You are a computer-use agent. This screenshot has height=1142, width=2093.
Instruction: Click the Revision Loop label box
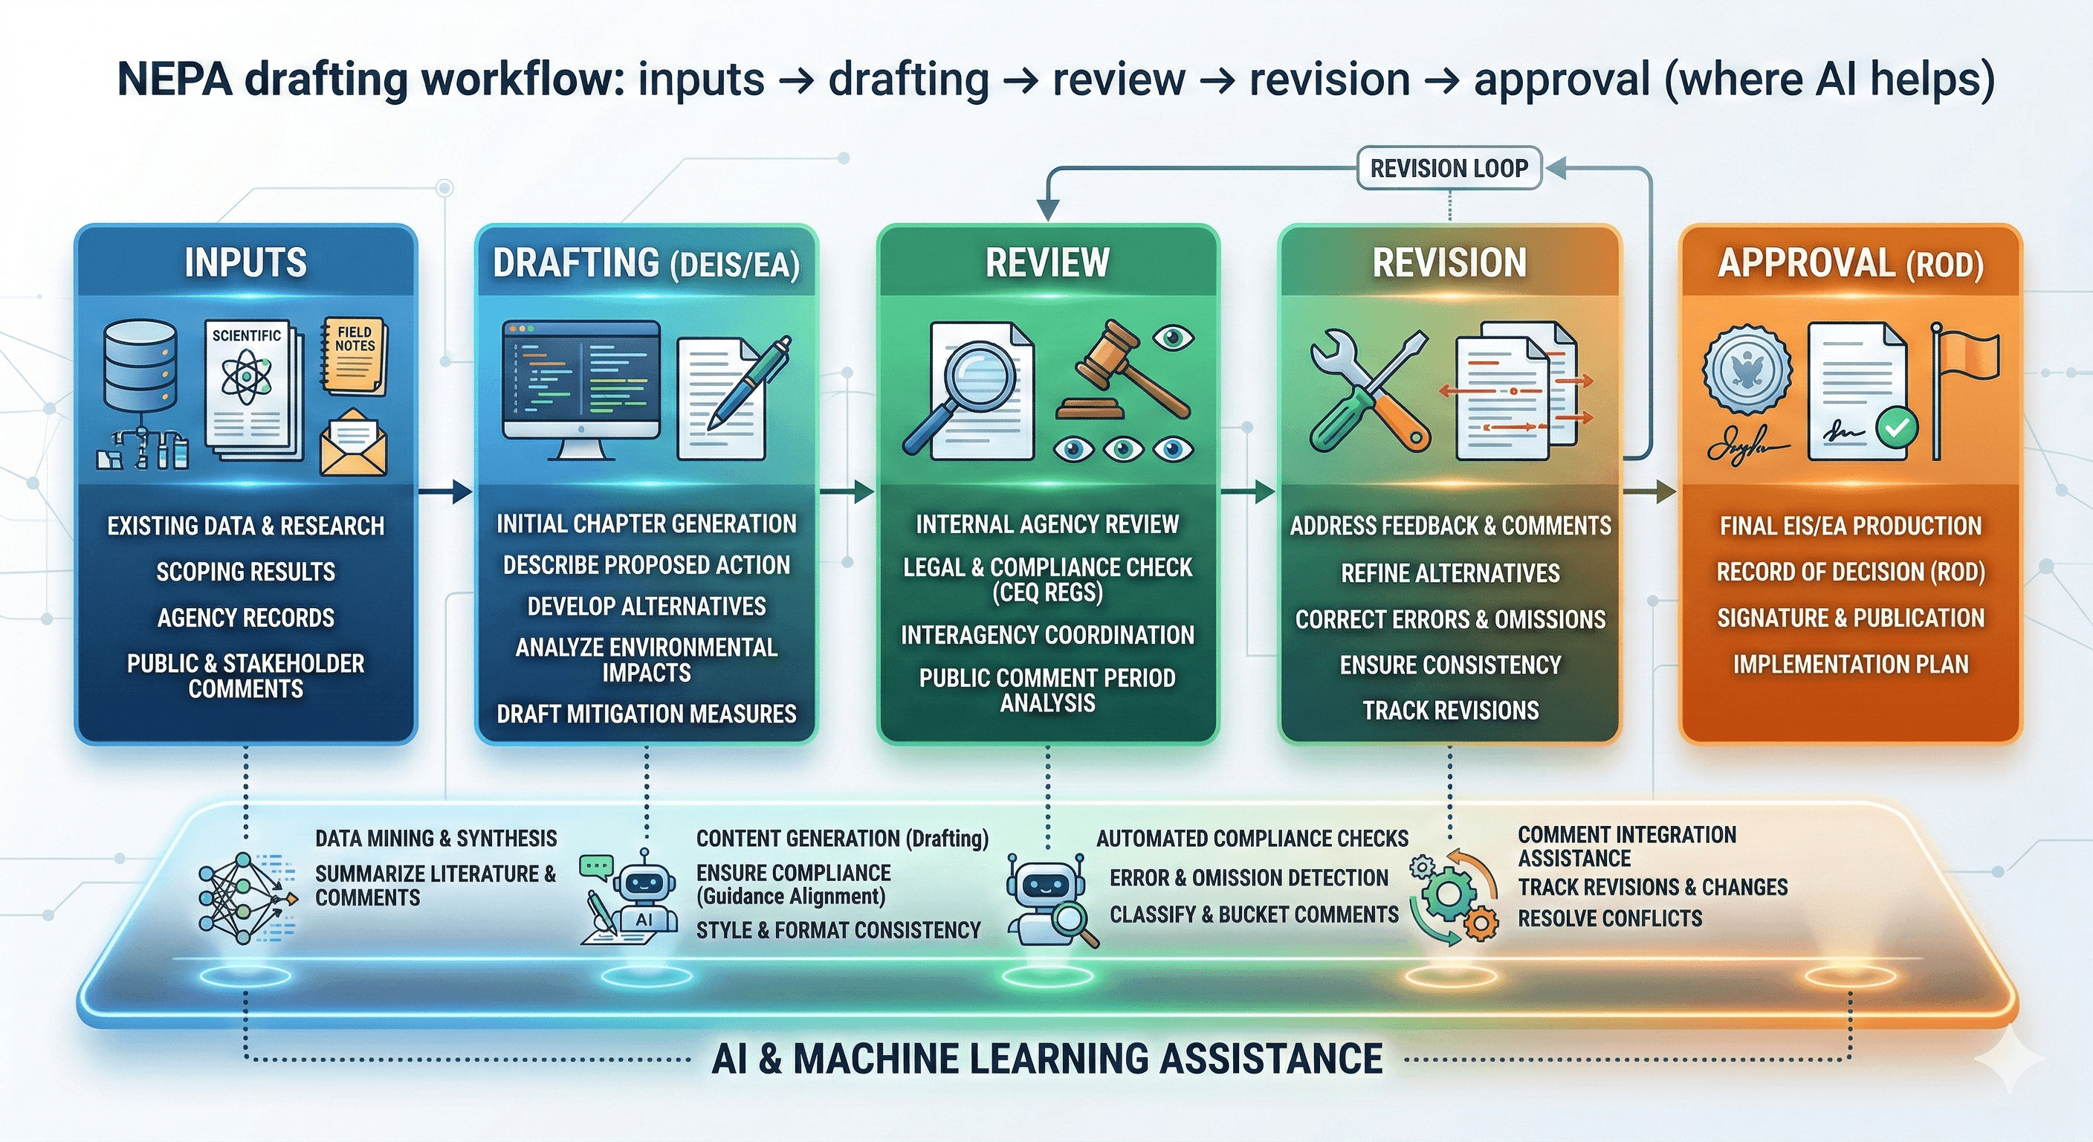(1449, 168)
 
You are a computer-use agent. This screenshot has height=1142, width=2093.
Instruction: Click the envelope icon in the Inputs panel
(354, 443)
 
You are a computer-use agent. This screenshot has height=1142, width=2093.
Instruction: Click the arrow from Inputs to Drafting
(444, 491)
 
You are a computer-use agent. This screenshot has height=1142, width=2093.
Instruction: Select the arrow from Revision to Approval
(1650, 491)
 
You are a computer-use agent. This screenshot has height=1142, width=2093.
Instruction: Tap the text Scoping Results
(245, 572)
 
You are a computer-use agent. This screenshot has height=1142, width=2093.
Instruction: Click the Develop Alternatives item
(646, 607)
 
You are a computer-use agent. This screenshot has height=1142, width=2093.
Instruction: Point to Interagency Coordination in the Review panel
(1046, 635)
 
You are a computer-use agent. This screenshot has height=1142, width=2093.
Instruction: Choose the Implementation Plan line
(1850, 664)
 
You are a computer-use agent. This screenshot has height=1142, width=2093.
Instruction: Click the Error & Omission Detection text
(1249, 878)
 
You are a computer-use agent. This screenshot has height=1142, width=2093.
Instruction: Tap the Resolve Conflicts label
(1610, 918)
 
